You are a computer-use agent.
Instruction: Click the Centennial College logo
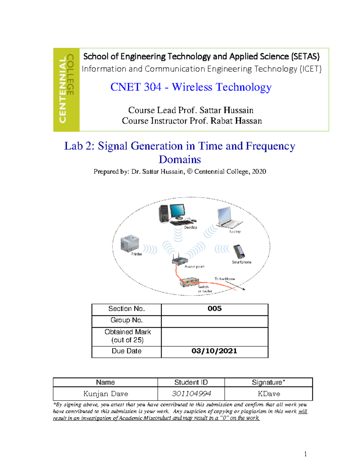[66, 90]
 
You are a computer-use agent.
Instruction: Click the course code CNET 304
[136, 87]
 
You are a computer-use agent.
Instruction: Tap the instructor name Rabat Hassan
[236, 121]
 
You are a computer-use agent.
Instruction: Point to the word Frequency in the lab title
[270, 146]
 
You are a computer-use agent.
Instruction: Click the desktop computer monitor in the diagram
[177, 211]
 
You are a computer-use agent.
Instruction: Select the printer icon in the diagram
[129, 243]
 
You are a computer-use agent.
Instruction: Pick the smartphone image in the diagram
[239, 251]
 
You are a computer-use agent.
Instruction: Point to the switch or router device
[189, 282]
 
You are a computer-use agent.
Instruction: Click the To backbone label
[225, 279]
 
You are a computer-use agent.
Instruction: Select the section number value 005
[214, 309]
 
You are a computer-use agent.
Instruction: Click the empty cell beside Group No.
[214, 321]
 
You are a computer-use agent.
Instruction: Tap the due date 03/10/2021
[214, 351]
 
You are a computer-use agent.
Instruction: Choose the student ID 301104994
[191, 394]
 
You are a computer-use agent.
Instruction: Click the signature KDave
[269, 394]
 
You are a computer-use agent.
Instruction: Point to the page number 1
[305, 454]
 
